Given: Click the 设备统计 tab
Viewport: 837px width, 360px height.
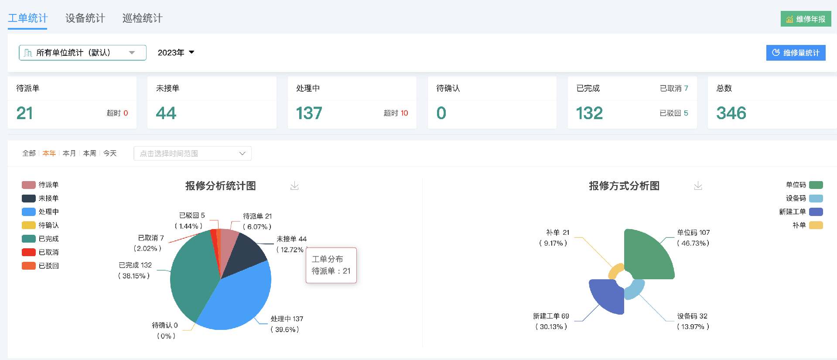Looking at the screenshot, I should (85, 18).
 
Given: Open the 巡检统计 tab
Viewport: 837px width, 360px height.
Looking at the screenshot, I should (142, 18).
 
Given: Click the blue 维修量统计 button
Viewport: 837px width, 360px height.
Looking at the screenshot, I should (796, 53).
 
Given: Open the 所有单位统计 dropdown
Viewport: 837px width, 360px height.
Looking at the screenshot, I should (82, 53).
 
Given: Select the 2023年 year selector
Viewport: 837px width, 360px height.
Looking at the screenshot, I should (176, 53).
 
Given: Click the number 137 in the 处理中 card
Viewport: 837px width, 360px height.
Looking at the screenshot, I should (309, 113).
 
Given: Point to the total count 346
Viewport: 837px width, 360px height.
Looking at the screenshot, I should (731, 113).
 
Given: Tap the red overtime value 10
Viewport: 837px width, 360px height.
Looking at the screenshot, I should (404, 113).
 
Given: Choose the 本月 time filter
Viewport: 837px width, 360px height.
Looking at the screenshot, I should (69, 153).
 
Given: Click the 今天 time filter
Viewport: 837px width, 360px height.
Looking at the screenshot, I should (110, 153).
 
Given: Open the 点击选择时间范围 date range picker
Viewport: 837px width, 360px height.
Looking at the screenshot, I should (192, 154).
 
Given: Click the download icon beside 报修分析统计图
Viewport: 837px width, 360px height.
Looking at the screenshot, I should (295, 186).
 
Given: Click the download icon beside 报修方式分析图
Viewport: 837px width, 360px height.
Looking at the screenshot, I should (698, 186).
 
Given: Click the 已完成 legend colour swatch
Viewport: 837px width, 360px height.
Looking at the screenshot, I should (28, 239).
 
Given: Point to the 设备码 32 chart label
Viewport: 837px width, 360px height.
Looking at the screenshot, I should (692, 316).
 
